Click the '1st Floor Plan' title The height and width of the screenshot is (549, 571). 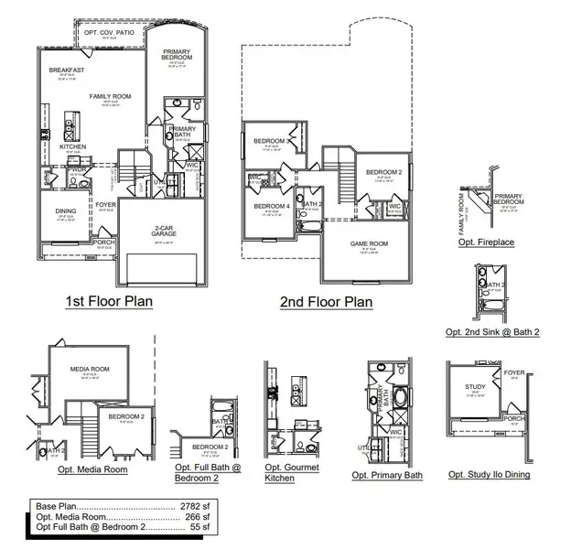[x=108, y=300]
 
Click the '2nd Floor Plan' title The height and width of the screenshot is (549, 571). [x=326, y=301]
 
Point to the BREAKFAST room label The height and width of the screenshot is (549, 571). [x=67, y=70]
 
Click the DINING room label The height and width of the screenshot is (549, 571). [x=65, y=210]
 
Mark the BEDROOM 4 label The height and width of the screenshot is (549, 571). [x=271, y=207]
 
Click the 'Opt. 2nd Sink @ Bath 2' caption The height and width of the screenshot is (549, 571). [x=491, y=331]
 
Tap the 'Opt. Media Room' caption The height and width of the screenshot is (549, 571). [x=92, y=468]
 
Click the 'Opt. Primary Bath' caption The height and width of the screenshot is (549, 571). [x=387, y=475]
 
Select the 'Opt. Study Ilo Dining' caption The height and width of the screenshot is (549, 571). [x=489, y=474]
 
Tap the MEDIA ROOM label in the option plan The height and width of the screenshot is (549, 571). [x=89, y=369]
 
